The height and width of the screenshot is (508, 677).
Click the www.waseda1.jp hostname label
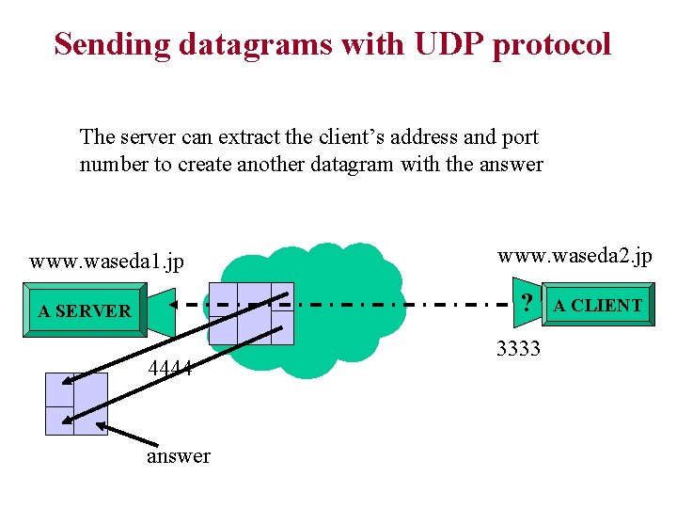(106, 261)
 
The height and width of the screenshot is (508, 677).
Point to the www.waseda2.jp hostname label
(574, 256)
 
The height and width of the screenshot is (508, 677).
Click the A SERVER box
(85, 310)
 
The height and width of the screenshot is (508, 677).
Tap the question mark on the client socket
(528, 303)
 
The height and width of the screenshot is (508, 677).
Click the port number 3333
(518, 349)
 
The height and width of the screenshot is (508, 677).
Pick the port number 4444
(170, 368)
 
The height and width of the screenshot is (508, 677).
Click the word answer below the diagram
(179, 456)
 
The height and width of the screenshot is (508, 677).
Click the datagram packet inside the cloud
(250, 313)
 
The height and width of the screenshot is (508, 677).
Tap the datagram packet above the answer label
(76, 404)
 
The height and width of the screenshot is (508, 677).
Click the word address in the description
(420, 137)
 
